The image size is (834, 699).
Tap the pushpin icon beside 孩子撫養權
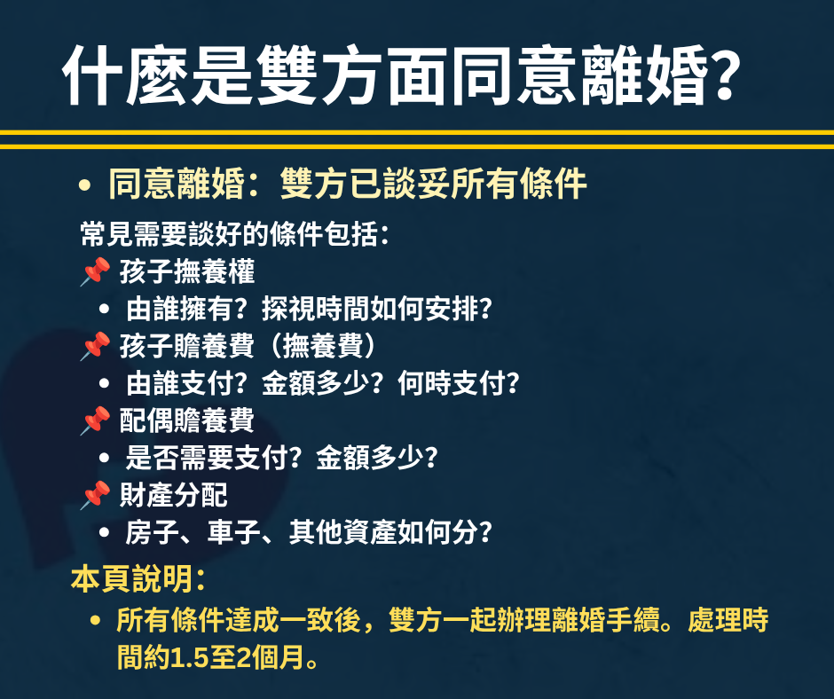point(96,271)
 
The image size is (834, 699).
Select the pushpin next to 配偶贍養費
point(96,420)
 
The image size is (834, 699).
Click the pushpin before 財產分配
point(96,495)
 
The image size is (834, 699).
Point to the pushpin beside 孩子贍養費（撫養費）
point(96,346)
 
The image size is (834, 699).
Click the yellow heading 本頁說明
point(138,579)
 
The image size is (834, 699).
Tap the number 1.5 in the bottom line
point(189,658)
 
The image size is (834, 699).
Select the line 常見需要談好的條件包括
point(234,234)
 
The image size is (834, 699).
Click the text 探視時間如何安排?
point(377,309)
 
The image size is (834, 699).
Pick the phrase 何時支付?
point(459,383)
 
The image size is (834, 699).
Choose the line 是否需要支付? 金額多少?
point(281,458)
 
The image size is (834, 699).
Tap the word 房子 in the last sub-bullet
point(152,532)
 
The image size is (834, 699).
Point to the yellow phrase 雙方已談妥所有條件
point(433,184)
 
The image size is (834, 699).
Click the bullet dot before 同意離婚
point(84,185)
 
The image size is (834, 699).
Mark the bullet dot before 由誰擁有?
point(105,309)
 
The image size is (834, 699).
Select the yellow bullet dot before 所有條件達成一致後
point(96,620)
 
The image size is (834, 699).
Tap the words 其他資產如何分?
point(390,532)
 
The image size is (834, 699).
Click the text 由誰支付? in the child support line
point(186,383)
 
